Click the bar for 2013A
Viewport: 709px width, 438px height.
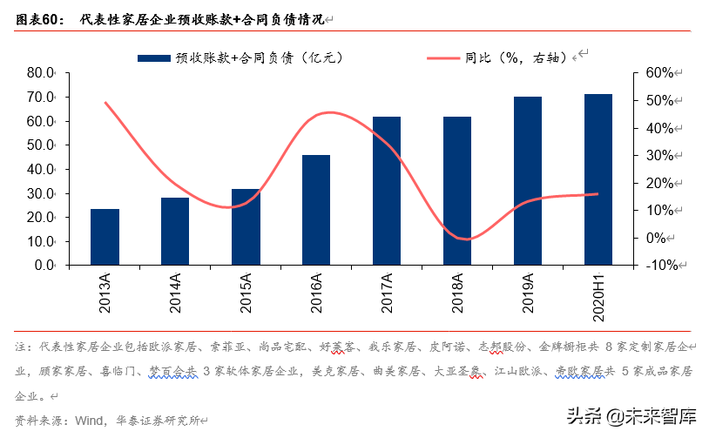(105, 237)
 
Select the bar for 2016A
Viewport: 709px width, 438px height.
(316, 210)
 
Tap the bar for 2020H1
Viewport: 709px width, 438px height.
(598, 179)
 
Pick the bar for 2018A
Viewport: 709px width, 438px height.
(457, 191)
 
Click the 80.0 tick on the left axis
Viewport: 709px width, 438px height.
(41, 73)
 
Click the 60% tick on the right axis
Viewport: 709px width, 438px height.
(658, 73)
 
